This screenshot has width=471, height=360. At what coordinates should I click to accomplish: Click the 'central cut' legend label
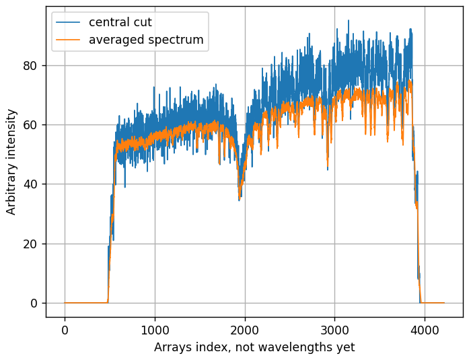120,22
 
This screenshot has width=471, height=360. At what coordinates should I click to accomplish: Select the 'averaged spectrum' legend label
146,40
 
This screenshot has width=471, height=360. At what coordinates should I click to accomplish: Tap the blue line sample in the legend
68,22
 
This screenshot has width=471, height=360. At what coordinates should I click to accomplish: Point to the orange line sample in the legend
68,40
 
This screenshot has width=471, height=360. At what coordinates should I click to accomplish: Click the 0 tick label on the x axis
65,330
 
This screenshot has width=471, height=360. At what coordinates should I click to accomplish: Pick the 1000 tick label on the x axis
155,330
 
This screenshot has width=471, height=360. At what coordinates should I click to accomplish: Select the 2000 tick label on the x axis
245,330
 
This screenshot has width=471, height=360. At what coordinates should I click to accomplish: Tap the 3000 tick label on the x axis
334,330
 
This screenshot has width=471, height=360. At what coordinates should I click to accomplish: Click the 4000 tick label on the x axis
425,330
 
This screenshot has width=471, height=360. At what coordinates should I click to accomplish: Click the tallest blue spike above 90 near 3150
349,20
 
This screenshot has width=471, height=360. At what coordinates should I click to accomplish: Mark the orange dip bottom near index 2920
328,166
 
